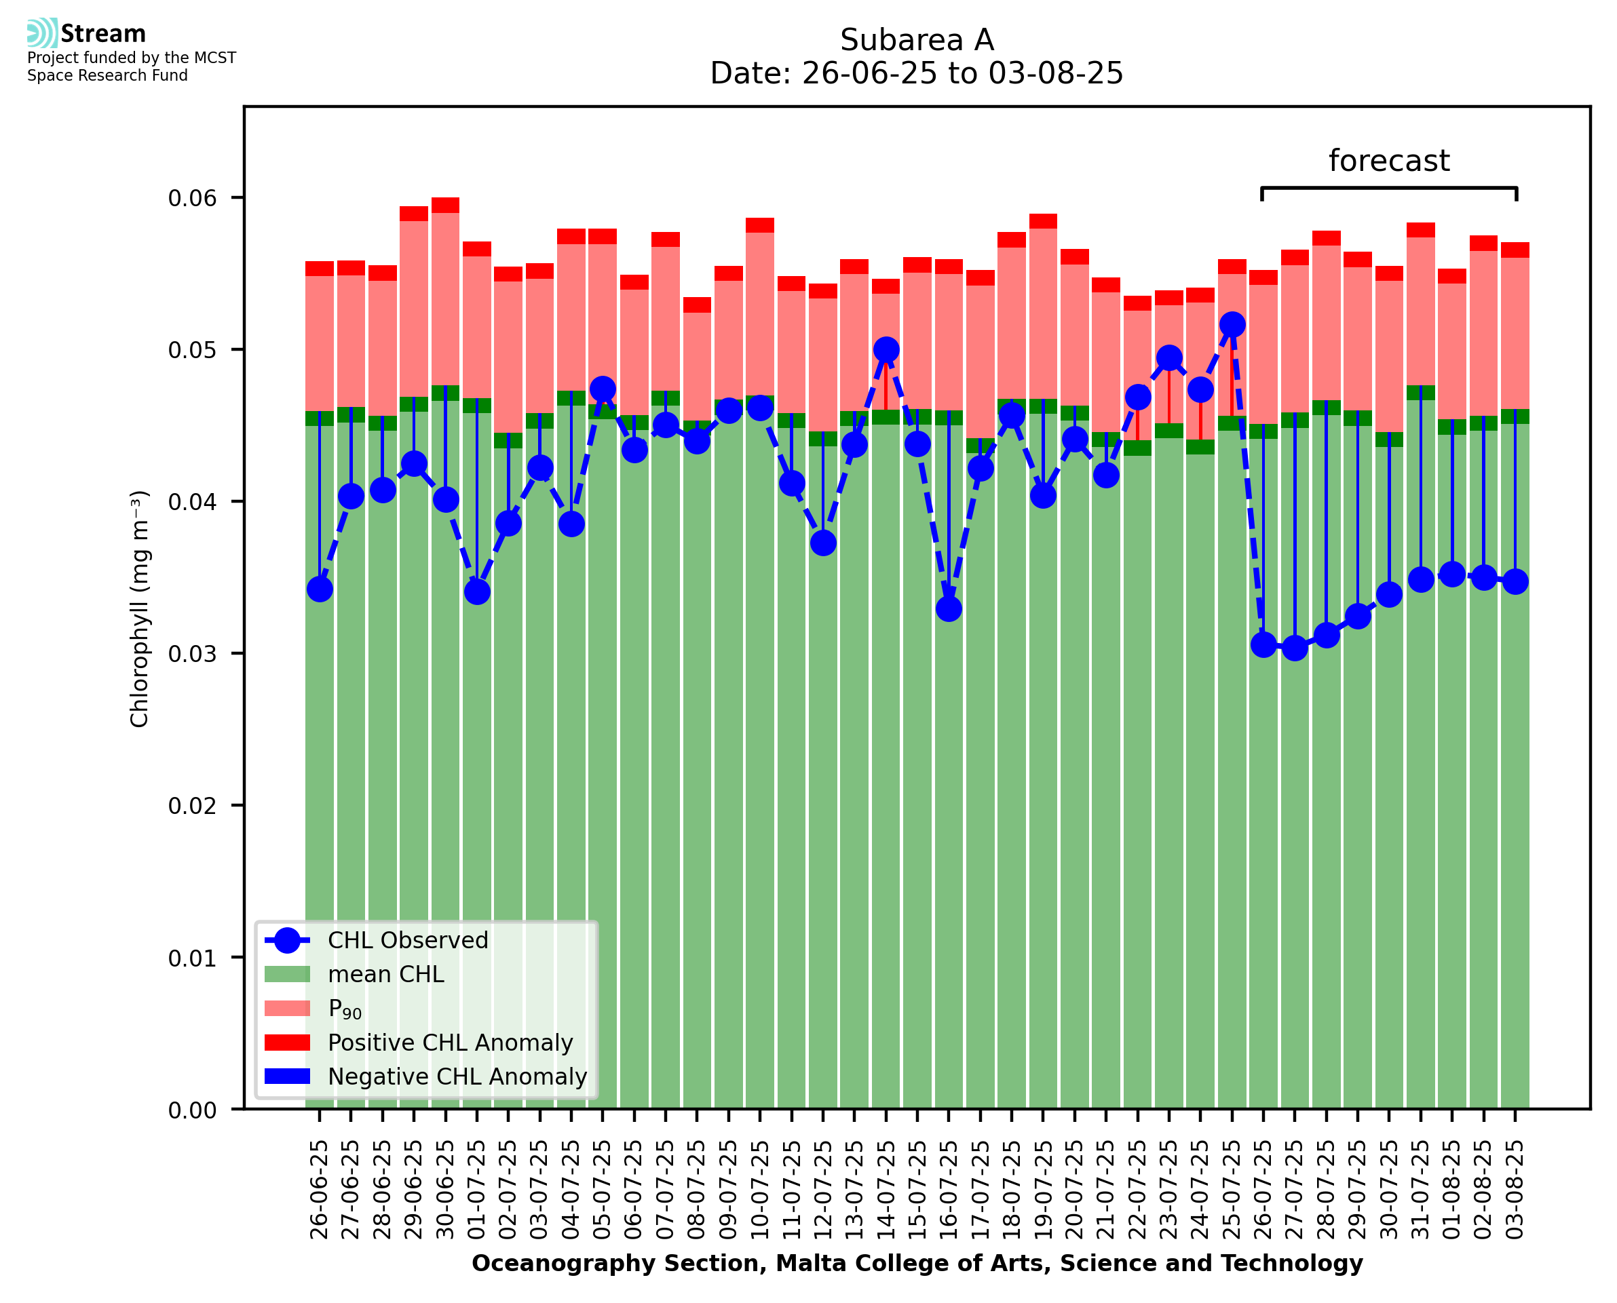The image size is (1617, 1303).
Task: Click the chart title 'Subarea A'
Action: [916, 40]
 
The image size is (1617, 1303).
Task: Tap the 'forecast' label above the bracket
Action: [1388, 161]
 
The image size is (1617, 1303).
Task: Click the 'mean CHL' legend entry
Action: [386, 973]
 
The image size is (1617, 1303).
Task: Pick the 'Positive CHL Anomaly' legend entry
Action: [450, 1042]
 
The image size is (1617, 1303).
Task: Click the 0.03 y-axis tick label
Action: [192, 654]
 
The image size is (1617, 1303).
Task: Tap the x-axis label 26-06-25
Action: [319, 1189]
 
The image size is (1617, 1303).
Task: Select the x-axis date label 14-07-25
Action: [886, 1189]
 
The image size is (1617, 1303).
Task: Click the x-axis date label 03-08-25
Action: [1515, 1189]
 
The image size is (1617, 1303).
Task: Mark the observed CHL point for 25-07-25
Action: [1232, 324]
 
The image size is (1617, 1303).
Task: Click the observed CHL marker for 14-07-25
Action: [886, 350]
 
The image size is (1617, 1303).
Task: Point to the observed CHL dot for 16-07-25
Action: [949, 608]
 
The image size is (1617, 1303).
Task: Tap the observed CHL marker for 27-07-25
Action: [1294, 648]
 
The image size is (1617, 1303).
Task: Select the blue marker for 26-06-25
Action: [320, 589]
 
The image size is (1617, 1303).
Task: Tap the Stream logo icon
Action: [42, 33]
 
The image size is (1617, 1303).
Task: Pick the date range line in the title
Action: [916, 73]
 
